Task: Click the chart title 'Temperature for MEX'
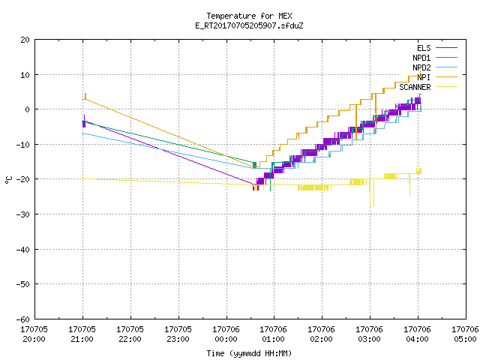pyautogui.click(x=249, y=16)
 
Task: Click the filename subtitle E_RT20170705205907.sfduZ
pyautogui.click(x=249, y=25)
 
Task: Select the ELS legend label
pyautogui.click(x=424, y=48)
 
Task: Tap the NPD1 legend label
pyautogui.click(x=421, y=58)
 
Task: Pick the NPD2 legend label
pyautogui.click(x=421, y=67)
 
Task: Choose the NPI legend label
pyautogui.click(x=424, y=77)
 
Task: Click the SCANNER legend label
pyautogui.click(x=415, y=87)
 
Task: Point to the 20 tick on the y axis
pyautogui.click(x=25, y=40)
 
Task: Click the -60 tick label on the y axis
pyautogui.click(x=23, y=319)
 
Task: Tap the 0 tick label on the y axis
pyautogui.click(x=28, y=109)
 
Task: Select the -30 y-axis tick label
pyautogui.click(x=23, y=214)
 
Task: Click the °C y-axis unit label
pyautogui.click(x=8, y=180)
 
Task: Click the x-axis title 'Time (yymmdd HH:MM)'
pyautogui.click(x=249, y=353)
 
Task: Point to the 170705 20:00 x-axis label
pyautogui.click(x=34, y=334)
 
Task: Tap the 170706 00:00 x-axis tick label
pyautogui.click(x=226, y=334)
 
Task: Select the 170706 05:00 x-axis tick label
pyautogui.click(x=465, y=334)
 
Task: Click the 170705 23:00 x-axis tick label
pyautogui.click(x=178, y=334)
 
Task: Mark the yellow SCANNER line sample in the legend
pyautogui.click(x=447, y=87)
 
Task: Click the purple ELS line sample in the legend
pyautogui.click(x=447, y=48)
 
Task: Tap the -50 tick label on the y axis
pyautogui.click(x=23, y=284)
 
